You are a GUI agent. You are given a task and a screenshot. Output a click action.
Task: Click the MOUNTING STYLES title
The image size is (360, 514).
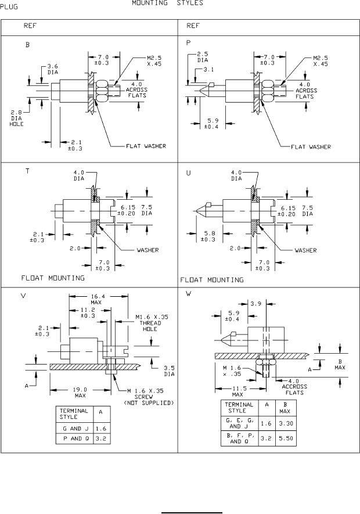(x=167, y=3)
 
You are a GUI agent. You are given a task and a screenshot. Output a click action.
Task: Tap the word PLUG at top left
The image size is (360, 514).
(x=10, y=3)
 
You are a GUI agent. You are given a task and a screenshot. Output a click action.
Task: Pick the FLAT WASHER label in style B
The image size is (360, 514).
(x=146, y=146)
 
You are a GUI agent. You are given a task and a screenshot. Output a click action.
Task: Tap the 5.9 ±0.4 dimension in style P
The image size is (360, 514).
(x=213, y=123)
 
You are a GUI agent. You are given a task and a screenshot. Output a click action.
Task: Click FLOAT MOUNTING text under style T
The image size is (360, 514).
(x=53, y=278)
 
